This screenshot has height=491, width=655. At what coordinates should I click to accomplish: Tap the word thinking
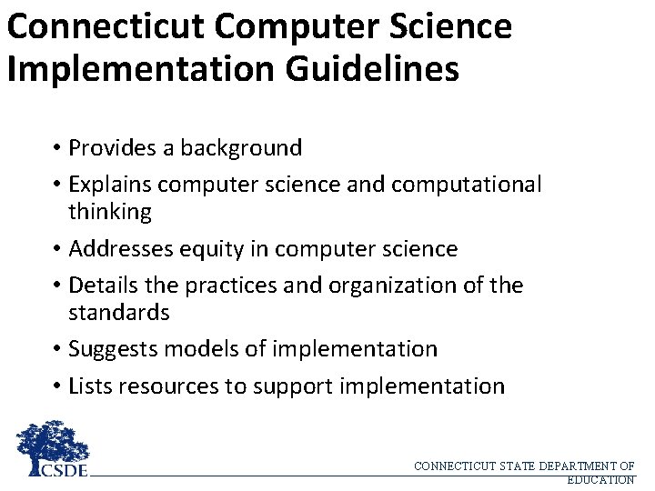point(110,212)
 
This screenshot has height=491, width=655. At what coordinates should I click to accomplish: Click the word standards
point(119,312)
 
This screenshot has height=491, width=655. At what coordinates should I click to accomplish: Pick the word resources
point(172,386)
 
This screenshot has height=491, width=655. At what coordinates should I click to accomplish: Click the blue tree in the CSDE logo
point(52,443)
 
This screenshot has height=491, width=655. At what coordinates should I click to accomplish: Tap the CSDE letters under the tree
point(64,469)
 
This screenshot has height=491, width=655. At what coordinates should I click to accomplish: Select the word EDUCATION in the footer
point(600,479)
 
